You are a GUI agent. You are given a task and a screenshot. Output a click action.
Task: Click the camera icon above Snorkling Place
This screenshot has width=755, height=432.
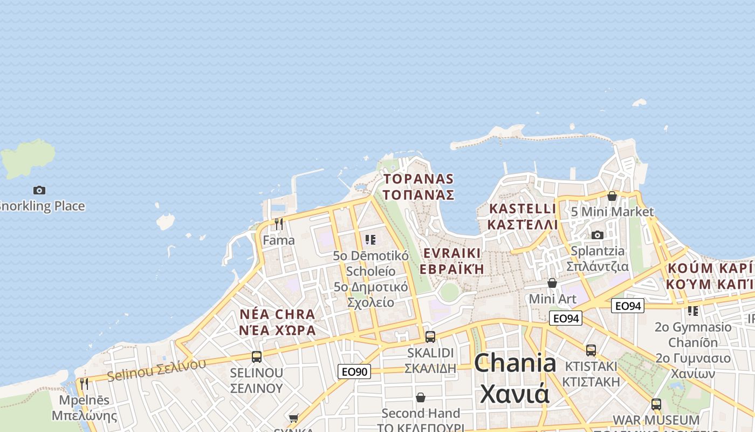click(39, 190)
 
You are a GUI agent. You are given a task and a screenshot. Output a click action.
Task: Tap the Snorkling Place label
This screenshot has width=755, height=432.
click(42, 206)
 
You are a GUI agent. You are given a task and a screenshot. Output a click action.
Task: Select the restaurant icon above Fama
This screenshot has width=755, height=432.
click(279, 224)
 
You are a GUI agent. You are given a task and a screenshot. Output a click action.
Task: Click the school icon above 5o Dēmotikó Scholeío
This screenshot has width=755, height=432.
click(370, 239)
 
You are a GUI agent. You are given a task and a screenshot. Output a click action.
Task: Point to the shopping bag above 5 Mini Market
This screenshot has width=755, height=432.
click(612, 196)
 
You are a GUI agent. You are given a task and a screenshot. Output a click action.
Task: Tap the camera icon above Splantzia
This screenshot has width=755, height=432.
click(597, 235)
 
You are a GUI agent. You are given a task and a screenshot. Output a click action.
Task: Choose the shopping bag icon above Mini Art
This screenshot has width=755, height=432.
click(552, 283)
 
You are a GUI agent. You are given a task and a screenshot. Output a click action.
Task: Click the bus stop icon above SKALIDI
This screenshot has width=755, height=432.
click(430, 337)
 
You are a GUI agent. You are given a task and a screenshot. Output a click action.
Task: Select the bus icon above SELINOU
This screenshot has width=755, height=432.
click(257, 357)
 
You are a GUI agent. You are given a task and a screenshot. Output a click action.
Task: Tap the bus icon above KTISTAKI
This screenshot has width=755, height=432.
click(591, 350)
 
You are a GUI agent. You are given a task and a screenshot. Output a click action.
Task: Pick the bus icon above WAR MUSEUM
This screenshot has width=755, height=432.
click(656, 404)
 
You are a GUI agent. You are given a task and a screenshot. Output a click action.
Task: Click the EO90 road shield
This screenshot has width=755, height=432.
click(354, 372)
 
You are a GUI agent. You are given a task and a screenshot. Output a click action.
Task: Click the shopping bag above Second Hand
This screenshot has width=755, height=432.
click(421, 398)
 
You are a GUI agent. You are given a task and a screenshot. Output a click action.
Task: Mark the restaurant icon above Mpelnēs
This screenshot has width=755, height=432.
click(84, 384)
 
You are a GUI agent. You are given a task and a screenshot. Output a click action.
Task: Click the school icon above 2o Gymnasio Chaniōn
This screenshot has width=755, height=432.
click(693, 311)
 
